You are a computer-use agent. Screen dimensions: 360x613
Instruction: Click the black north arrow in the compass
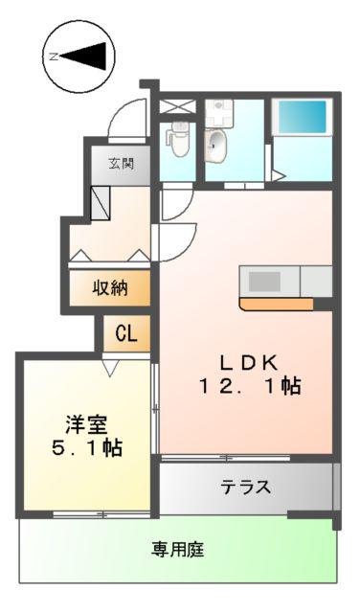click(83, 57)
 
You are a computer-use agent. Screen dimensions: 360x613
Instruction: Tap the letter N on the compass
click(54, 57)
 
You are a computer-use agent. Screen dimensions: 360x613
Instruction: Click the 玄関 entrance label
click(121, 163)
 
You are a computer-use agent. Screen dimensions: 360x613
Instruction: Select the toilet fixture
click(179, 138)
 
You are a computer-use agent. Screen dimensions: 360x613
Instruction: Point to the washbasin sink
click(215, 146)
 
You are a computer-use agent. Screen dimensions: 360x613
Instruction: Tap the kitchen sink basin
click(264, 282)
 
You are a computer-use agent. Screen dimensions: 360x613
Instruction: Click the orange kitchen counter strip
click(277, 305)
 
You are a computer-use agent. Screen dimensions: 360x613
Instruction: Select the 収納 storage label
click(110, 288)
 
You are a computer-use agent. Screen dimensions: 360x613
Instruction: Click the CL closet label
click(126, 334)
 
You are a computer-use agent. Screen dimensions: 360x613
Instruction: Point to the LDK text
click(249, 363)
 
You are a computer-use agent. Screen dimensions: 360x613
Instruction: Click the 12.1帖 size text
click(250, 386)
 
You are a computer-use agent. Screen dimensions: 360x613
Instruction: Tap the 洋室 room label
click(86, 425)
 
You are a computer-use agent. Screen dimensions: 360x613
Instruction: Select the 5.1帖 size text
click(87, 448)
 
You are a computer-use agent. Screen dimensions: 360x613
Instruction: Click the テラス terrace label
click(246, 488)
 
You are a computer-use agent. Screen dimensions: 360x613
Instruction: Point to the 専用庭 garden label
click(178, 550)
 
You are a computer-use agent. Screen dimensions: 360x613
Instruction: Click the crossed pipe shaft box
click(177, 106)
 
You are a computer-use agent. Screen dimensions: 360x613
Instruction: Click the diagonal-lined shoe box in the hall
click(101, 202)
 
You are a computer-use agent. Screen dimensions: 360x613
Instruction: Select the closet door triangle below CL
click(111, 368)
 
